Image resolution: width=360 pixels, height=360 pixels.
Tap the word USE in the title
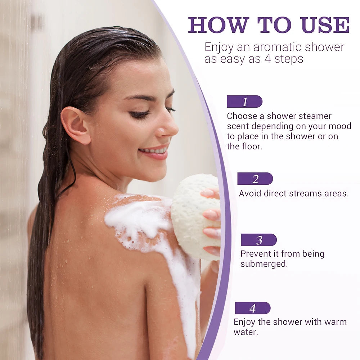(x=325, y=25)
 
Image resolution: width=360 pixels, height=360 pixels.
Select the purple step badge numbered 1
(x=244, y=102)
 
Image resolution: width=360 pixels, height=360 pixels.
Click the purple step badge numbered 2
(x=255, y=179)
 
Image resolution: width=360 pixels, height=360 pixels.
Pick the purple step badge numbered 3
(x=259, y=240)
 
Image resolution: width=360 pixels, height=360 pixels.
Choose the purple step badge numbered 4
(x=252, y=308)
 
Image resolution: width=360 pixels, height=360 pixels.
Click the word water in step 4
(x=245, y=332)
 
